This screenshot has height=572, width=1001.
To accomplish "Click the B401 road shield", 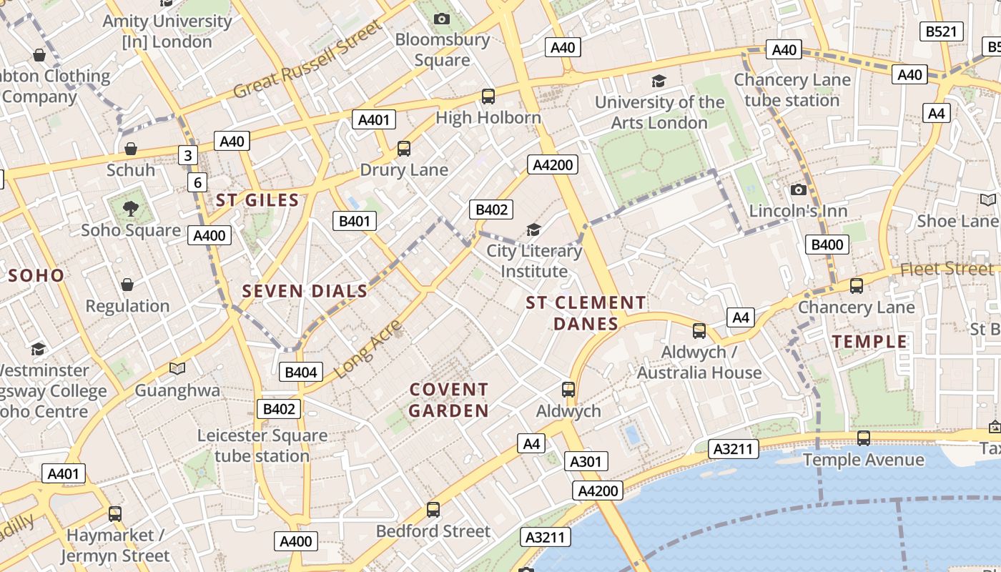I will pos(355,221).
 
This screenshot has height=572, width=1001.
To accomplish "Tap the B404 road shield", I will pos(301,372).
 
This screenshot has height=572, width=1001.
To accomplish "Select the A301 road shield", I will pos(586,462).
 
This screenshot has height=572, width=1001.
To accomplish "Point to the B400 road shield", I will pos(827,245).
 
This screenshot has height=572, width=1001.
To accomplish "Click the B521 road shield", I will pos(940,31).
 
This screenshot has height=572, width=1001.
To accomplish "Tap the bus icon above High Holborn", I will pos(488,97).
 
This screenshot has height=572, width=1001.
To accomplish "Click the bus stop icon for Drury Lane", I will pos(404,149).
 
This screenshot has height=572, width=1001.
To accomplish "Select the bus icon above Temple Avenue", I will pos(864,438).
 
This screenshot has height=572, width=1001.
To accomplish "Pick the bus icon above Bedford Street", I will pos(433,510).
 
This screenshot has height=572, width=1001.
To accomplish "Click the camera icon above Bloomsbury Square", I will pos(442,19).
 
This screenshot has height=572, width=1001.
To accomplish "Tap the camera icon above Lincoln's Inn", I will pos(799,189).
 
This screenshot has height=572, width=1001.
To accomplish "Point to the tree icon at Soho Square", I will pos(130,209).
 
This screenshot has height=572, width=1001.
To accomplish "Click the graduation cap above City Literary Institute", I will pos(533,230).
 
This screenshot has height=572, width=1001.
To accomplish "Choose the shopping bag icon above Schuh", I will pos(131,149).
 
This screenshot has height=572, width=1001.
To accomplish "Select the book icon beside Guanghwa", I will pos(177,368).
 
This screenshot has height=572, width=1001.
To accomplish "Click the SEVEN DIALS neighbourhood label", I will pos(305,291).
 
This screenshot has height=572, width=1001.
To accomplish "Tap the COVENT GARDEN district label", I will pos(449,400).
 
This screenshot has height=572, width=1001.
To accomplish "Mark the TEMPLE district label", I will pos(869,342).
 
